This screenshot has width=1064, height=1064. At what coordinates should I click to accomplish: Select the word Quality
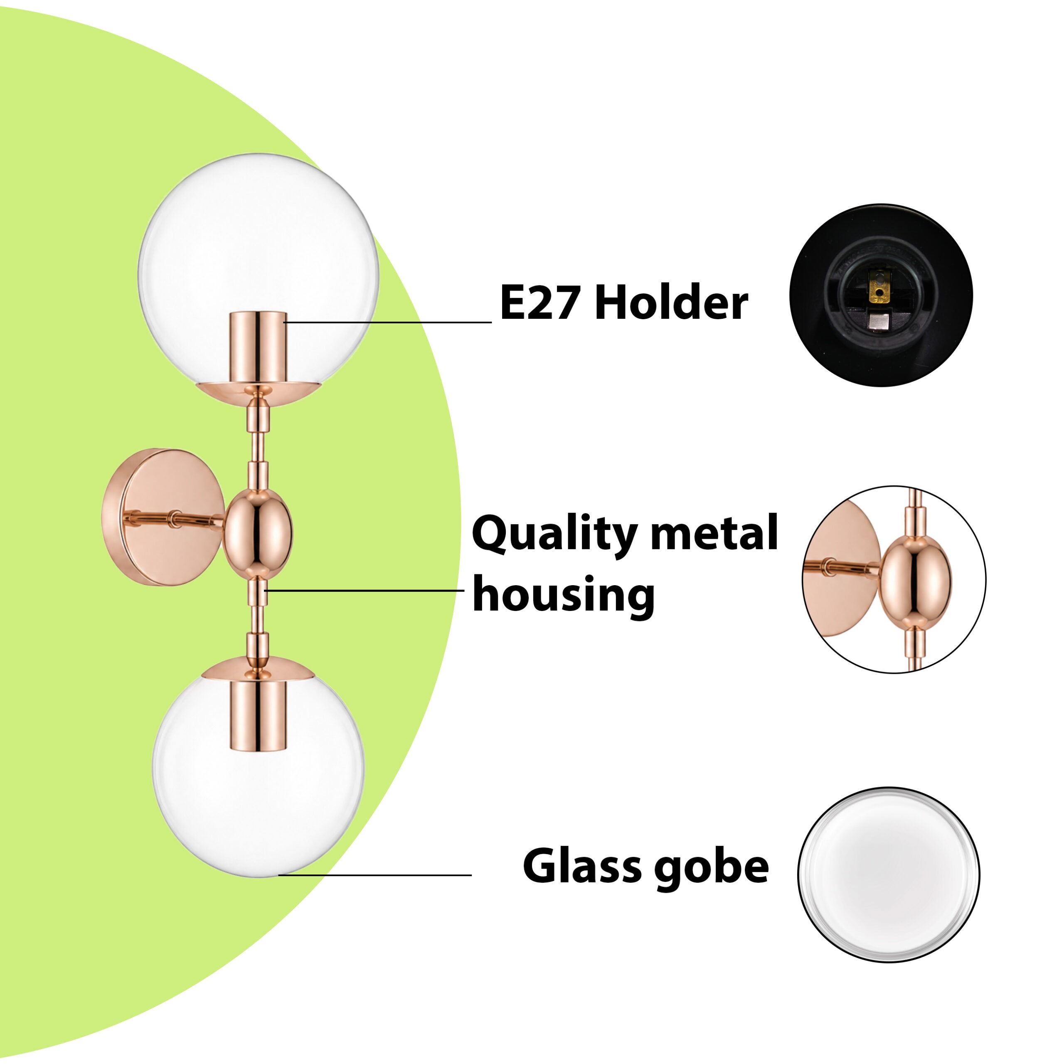tap(554, 535)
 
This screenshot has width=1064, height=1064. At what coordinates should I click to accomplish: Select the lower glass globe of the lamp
tap(258, 771)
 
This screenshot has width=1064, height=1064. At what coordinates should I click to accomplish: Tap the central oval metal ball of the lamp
tap(257, 532)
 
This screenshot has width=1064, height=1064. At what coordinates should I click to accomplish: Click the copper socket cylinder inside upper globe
tap(258, 347)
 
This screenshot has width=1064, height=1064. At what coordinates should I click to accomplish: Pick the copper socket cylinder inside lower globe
tap(258, 715)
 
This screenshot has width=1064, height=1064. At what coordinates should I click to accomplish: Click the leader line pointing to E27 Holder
tap(388, 322)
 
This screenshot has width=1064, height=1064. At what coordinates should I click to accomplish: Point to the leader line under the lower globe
tap(375, 875)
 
